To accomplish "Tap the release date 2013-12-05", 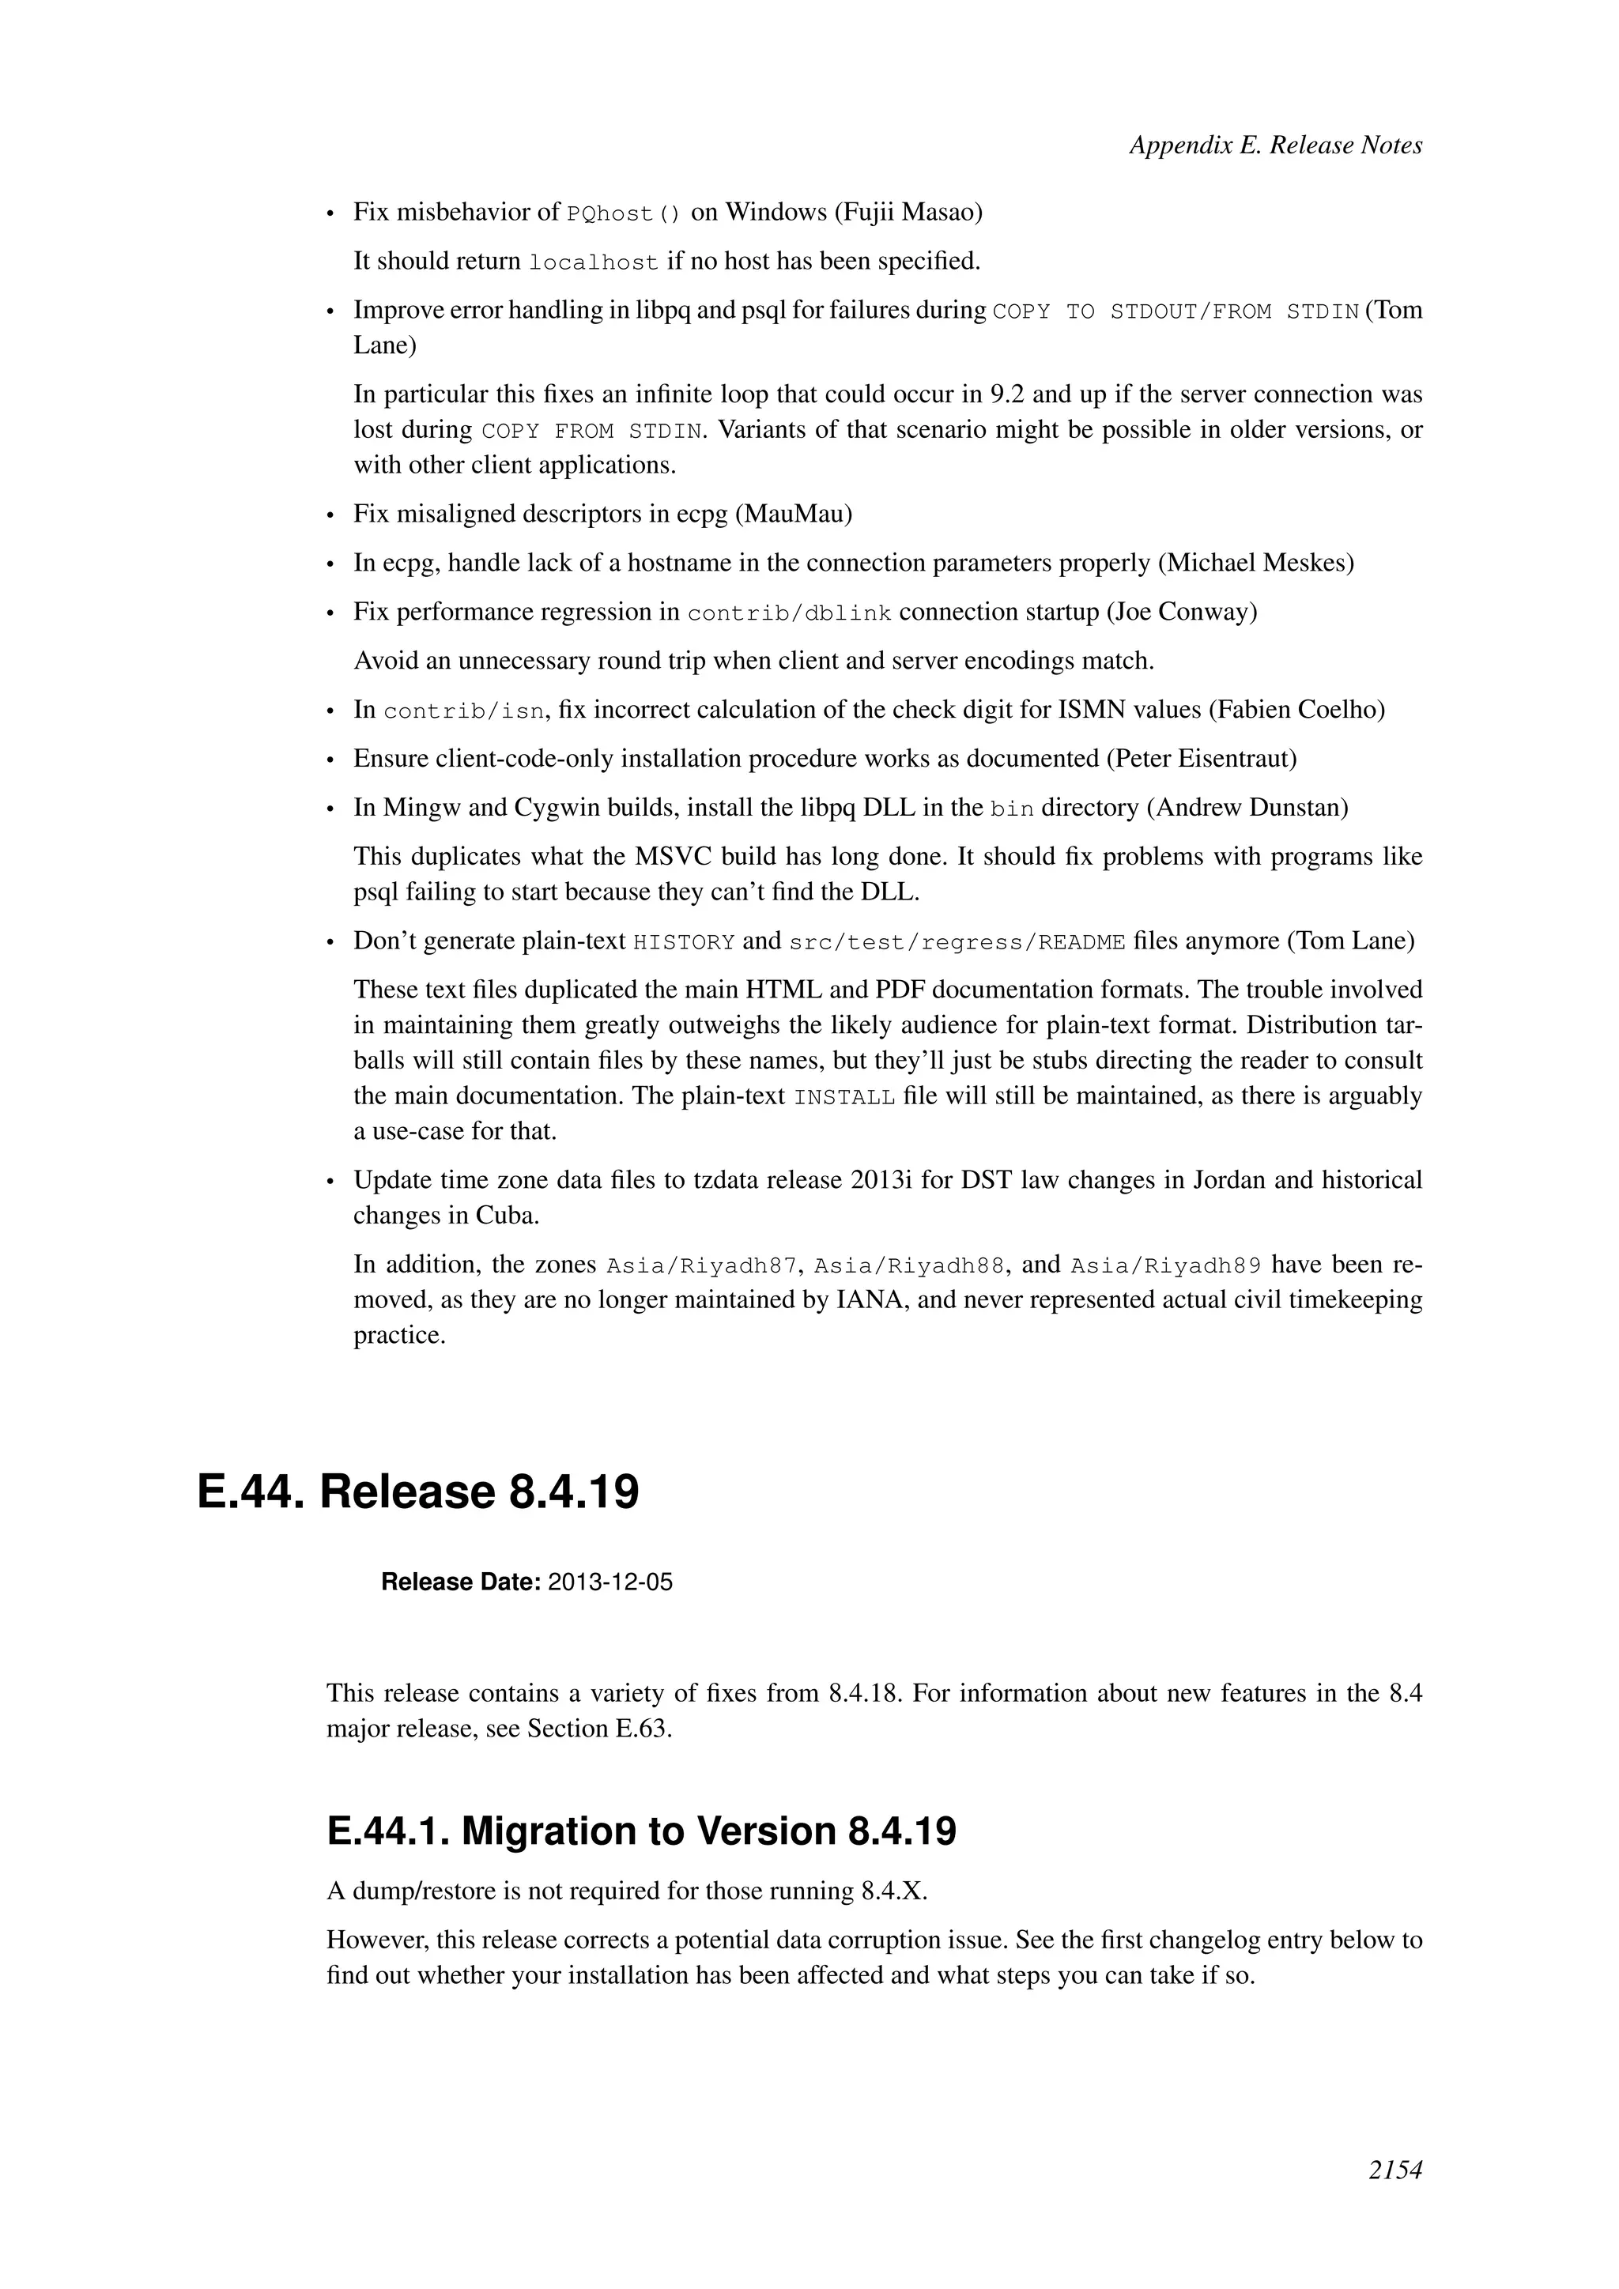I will coord(610,1582).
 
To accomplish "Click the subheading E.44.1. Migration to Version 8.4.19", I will coord(641,1831).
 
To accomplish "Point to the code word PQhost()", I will coord(623,213).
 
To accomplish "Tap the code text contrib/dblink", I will coord(789,613).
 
